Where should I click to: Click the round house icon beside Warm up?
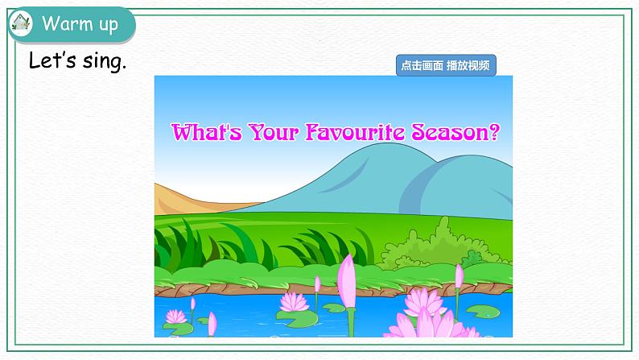click(x=19, y=24)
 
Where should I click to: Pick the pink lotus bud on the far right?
click(x=459, y=277)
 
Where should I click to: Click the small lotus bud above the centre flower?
click(x=316, y=283)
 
